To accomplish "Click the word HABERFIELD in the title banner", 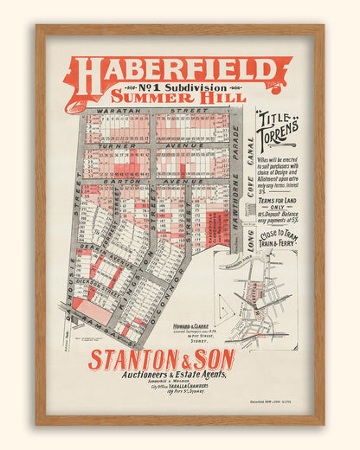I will [177, 71].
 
